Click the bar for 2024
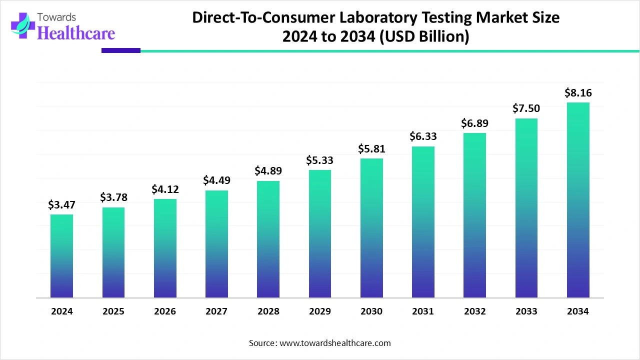[61, 256]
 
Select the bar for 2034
[578, 200]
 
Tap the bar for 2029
[320, 234]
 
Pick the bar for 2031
[423, 222]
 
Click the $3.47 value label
[61, 204]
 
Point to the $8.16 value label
[578, 92]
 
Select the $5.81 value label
[371, 148]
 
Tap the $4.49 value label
[216, 180]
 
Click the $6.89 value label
[474, 123]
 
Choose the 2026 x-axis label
[165, 311]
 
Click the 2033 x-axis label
[526, 311]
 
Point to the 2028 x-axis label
[268, 311]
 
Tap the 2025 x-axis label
[113, 311]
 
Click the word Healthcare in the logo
[76, 33]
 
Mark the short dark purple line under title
[121, 50]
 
